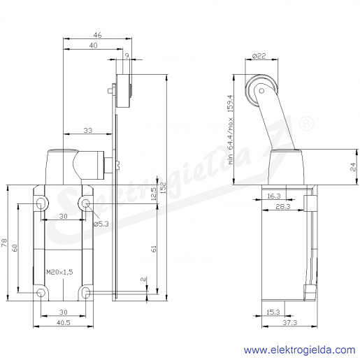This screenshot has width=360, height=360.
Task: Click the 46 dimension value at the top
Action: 97,35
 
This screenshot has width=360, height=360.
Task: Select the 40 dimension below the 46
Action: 93,45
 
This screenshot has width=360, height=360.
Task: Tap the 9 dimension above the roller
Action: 127,56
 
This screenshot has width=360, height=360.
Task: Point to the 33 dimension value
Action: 88,130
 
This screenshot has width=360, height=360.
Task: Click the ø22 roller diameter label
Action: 259,56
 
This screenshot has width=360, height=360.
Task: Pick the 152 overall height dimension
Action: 163,187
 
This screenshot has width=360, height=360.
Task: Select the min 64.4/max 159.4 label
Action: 231,129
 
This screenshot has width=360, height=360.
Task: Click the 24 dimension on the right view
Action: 354,167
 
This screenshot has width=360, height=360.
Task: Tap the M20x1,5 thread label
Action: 59,272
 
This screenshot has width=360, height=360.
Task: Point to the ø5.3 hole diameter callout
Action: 101,224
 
